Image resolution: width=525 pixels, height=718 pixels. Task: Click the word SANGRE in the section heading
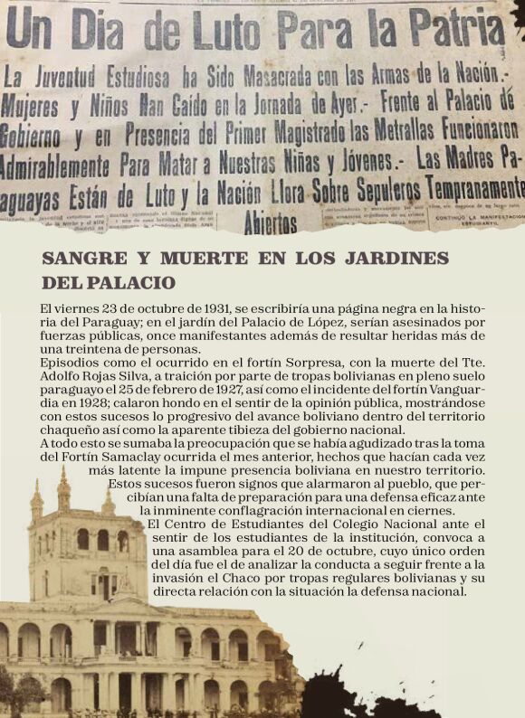click(x=77, y=259)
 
